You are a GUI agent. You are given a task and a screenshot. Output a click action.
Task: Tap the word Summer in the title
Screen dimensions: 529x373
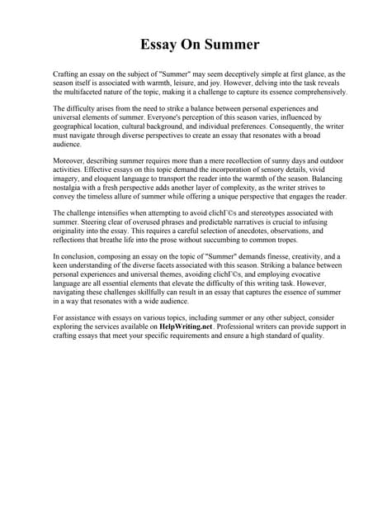[x=224, y=44]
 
